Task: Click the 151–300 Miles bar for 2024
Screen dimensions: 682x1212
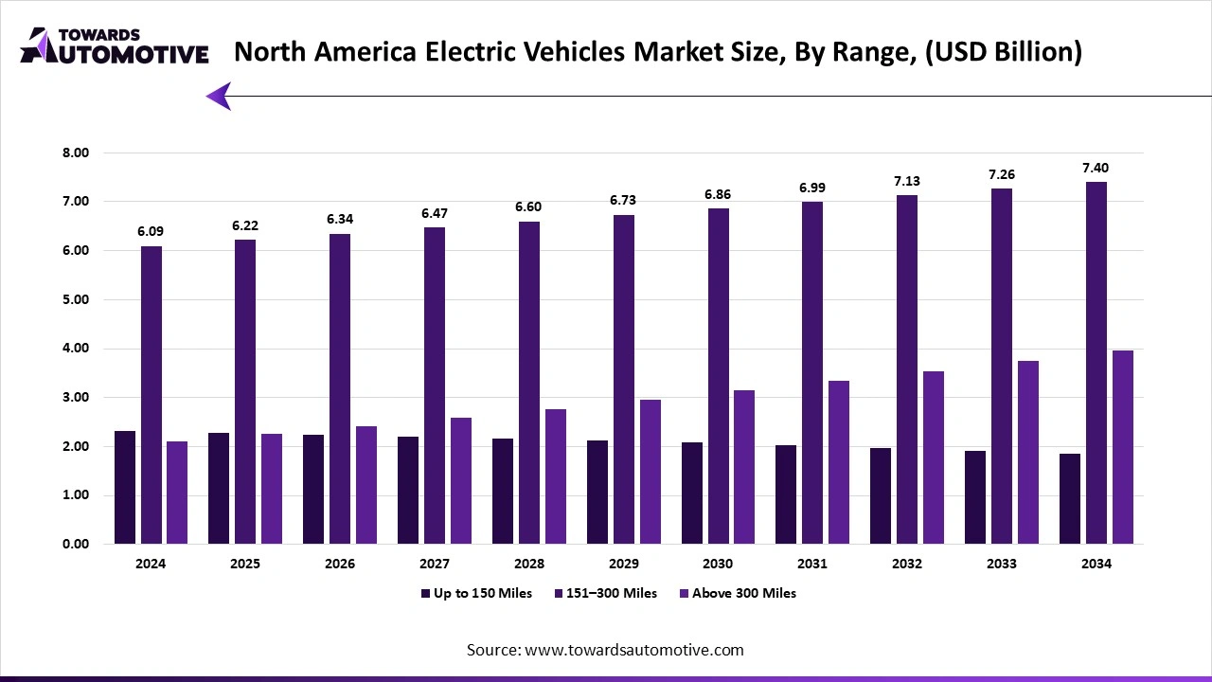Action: [151, 395]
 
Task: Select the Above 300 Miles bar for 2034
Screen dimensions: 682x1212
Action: [1122, 447]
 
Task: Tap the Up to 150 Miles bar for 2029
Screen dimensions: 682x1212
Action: [597, 492]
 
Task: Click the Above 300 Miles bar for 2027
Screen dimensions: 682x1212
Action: [460, 480]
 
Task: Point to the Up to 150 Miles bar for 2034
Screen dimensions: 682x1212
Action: [1070, 498]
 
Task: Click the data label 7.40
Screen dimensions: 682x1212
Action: [1096, 168]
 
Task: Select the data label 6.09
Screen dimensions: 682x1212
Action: [151, 232]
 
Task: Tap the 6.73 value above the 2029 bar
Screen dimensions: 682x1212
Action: [623, 201]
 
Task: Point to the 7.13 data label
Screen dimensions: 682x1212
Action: [906, 181]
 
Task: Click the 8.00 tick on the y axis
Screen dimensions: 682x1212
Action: [75, 153]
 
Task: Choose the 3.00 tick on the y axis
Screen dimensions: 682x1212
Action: [75, 398]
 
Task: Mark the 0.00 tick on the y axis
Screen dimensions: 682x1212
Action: [75, 545]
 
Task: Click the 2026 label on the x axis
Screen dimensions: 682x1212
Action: [339, 564]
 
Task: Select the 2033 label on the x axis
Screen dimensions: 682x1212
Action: [1001, 564]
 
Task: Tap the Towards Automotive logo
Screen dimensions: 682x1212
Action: [114, 45]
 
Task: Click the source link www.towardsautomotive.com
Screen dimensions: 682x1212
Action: [633, 650]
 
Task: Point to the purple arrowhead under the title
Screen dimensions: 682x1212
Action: [219, 96]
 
